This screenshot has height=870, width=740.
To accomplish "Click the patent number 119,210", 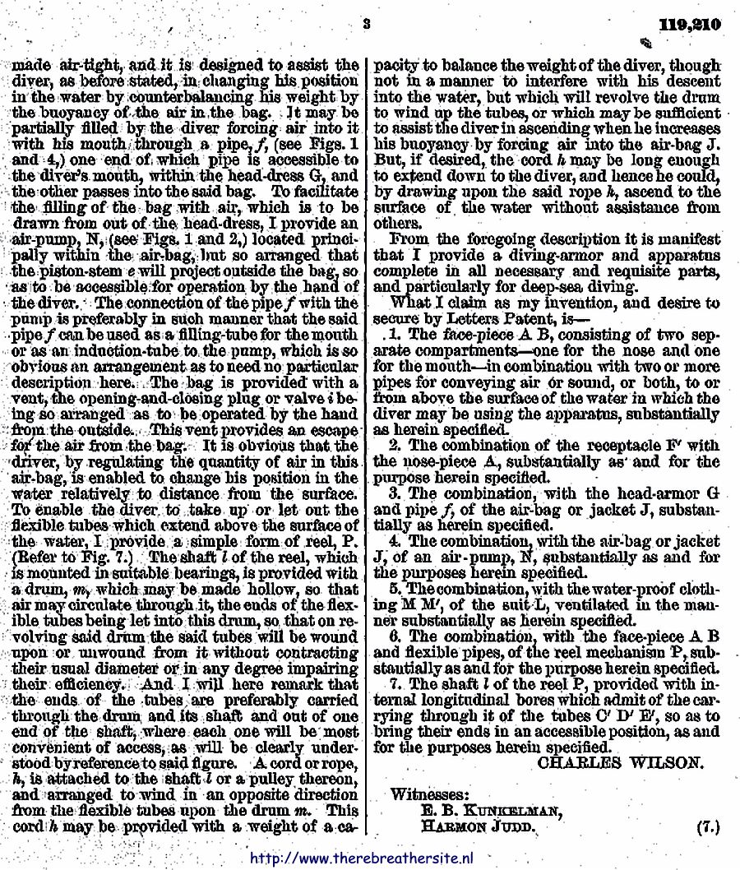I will [x=694, y=24].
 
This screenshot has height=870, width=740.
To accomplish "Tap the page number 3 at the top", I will [x=365, y=24].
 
